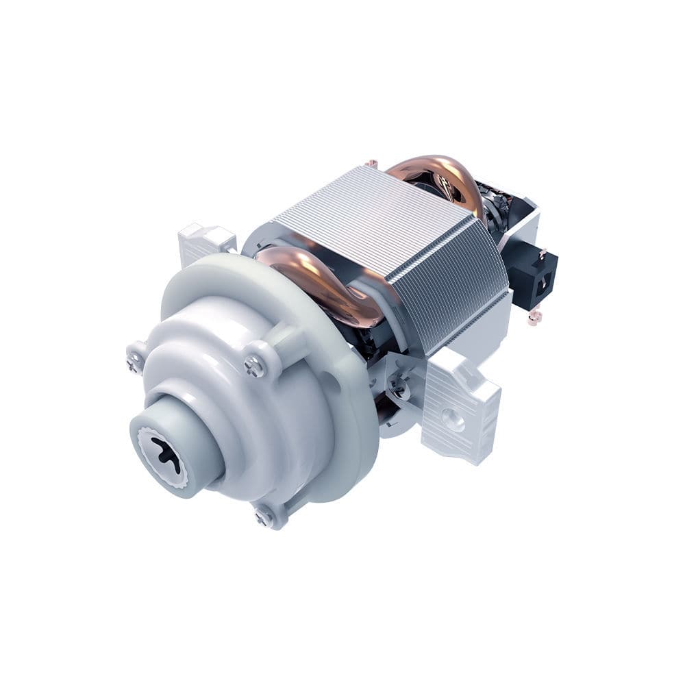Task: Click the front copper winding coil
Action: [322, 281]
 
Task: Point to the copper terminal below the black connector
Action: [535, 316]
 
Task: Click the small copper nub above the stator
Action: [371, 164]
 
